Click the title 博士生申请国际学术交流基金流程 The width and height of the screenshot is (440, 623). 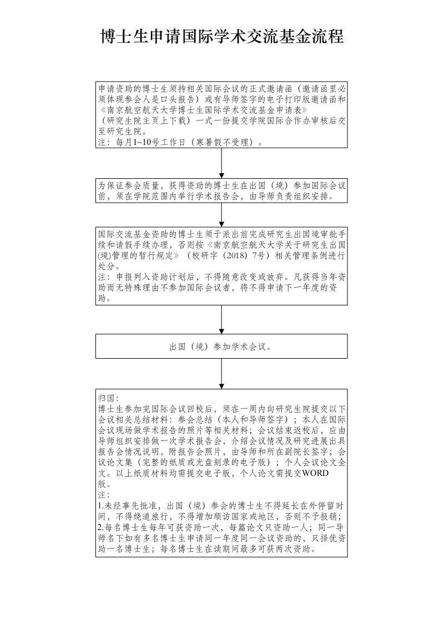coord(221,37)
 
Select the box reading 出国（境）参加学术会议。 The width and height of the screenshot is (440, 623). coord(221,346)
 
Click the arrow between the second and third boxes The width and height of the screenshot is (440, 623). coord(221,215)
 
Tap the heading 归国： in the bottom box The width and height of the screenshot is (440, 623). coord(106,399)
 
